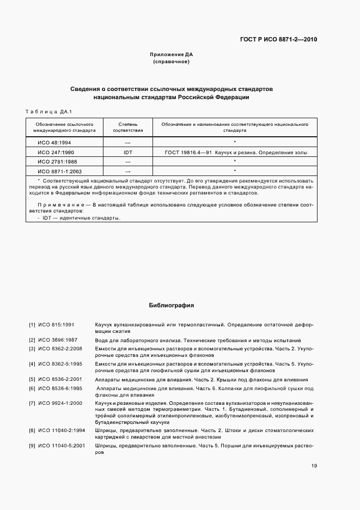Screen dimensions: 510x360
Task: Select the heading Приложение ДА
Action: (x=172, y=55)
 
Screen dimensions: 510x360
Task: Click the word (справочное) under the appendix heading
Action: (x=172, y=62)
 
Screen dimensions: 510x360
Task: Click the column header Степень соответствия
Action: (x=128, y=127)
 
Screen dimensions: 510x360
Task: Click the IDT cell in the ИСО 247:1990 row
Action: (x=128, y=152)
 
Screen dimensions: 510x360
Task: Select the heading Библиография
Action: (x=172, y=306)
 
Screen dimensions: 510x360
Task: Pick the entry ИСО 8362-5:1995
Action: (x=59, y=363)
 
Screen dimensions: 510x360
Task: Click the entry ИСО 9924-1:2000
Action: (x=59, y=403)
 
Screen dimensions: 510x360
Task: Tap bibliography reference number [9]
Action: (x=32, y=446)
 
